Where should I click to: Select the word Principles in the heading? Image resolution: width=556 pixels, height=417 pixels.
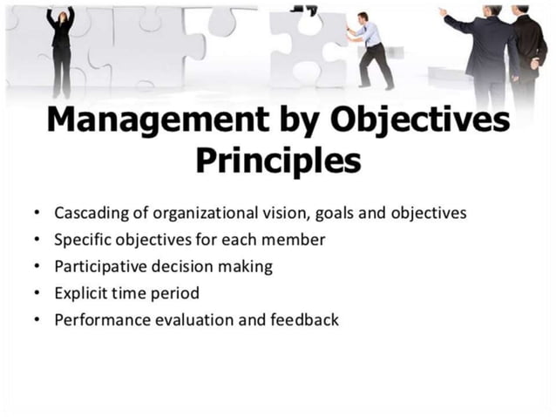277,161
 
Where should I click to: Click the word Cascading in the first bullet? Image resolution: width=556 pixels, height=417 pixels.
89,213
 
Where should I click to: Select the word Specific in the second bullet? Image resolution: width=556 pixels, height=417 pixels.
82,240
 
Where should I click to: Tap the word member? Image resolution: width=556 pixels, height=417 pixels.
295,240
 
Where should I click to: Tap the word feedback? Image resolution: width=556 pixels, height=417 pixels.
305,320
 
